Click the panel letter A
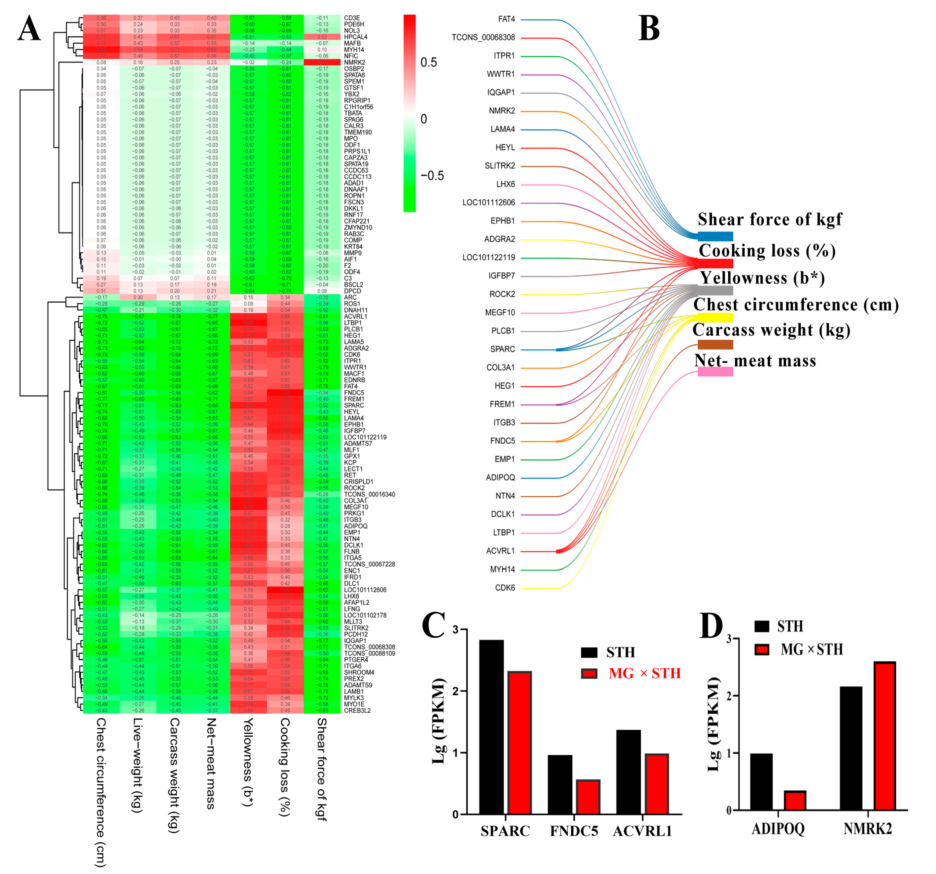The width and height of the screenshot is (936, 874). click(29, 28)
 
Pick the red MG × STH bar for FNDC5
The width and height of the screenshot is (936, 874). click(588, 797)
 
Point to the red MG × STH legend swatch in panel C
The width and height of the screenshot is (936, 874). click(589, 673)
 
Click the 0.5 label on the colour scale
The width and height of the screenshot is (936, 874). click(428, 62)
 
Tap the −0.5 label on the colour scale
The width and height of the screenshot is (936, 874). click(432, 176)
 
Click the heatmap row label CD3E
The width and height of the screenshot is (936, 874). click(352, 18)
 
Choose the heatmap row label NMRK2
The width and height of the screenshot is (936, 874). click(354, 62)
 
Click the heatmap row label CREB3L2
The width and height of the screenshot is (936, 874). click(357, 710)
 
